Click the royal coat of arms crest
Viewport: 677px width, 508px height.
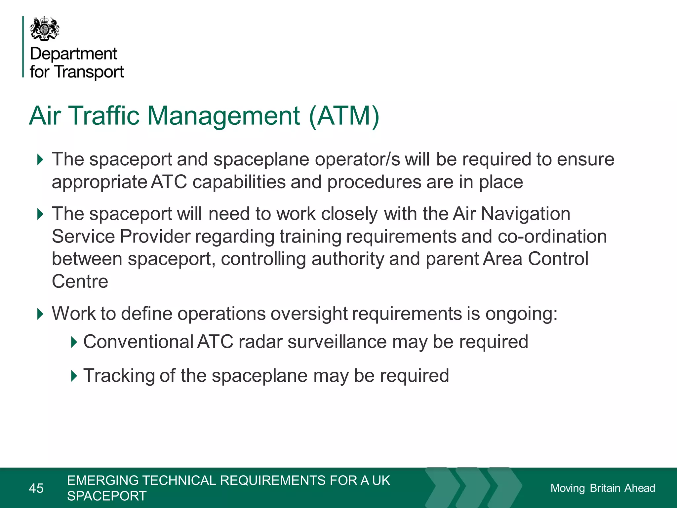(45, 29)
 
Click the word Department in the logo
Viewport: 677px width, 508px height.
(73, 54)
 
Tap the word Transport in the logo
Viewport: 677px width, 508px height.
(89, 72)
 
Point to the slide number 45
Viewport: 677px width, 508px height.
(36, 488)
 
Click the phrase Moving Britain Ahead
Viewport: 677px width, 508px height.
(602, 488)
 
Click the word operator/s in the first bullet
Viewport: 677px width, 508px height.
(357, 160)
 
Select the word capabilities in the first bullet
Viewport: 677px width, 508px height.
(239, 182)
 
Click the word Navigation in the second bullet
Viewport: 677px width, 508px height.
(525, 214)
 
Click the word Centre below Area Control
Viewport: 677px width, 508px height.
(80, 281)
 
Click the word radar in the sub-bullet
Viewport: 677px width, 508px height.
(260, 342)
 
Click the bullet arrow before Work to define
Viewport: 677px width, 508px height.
(40, 314)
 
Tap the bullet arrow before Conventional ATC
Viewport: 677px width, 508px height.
(74, 342)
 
